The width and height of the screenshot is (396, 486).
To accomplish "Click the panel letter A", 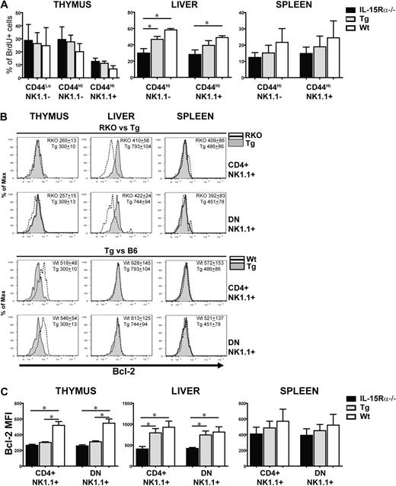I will coord(5,6).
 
